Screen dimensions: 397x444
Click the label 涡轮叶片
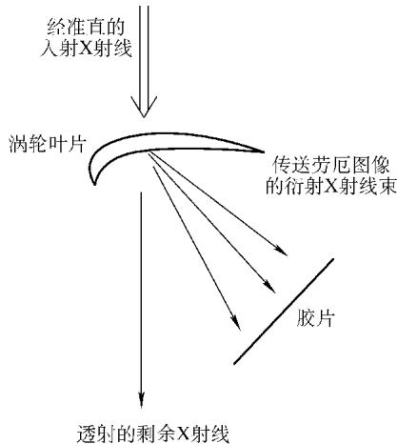coord(48,144)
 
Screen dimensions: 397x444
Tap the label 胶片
coord(316,317)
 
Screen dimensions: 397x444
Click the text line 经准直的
coord(86,27)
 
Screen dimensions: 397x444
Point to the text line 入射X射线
coord(86,49)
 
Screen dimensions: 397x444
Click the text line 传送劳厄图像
coord(331,164)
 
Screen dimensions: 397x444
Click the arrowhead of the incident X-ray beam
coord(145,107)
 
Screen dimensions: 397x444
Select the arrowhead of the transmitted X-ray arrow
coord(141,399)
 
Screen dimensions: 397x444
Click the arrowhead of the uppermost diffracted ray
coord(281,251)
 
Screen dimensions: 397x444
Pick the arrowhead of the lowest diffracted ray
coord(236,323)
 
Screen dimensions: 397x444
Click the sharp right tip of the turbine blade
coord(264,152)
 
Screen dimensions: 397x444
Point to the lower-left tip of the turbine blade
coord(94,184)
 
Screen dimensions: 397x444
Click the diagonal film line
coord(284,312)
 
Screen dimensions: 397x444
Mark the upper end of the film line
coord(333,259)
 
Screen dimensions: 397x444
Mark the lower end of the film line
coord(234,364)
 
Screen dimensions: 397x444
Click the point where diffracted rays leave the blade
coord(149,152)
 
